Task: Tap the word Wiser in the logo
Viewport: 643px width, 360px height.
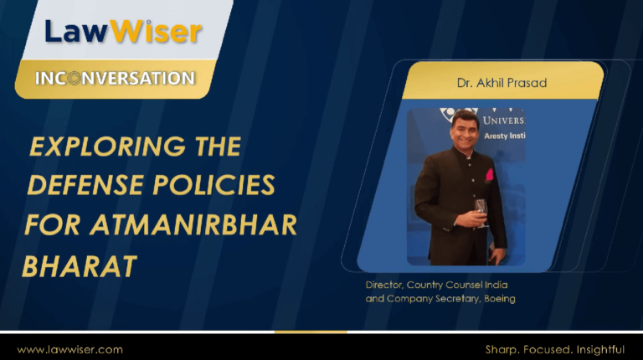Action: coord(156,32)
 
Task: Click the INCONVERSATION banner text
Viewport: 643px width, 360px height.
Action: coord(116,79)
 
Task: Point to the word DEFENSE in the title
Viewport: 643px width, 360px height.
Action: coord(85,185)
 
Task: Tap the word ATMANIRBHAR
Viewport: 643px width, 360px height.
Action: coord(193,224)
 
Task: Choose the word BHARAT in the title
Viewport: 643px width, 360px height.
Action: coord(80,266)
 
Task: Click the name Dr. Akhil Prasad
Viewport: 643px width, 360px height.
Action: coord(502,83)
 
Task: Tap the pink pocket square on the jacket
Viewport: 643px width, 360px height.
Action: coord(489,175)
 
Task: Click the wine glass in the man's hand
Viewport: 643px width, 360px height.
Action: coord(481,212)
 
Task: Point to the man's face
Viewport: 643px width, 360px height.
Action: coord(465,131)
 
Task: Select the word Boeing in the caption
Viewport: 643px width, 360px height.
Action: coord(500,299)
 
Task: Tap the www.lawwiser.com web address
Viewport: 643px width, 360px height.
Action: coord(69,350)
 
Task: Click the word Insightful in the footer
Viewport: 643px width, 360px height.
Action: coord(600,350)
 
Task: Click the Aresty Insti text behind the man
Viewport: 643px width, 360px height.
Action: coord(504,136)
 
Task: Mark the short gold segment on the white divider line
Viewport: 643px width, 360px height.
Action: coord(311,332)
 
